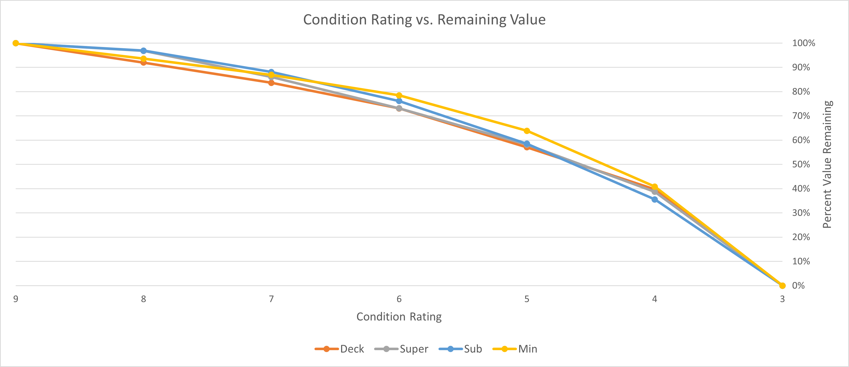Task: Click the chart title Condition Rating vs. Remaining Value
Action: pyautogui.click(x=424, y=20)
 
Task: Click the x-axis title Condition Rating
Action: pyautogui.click(x=399, y=316)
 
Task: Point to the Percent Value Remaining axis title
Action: pyautogui.click(x=827, y=164)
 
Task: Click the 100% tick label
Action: pyautogui.click(x=803, y=43)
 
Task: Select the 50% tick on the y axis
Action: pyautogui.click(x=801, y=164)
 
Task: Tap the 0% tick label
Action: pyautogui.click(x=798, y=286)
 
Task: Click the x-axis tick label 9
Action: pyautogui.click(x=16, y=299)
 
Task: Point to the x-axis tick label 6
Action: pyautogui.click(x=399, y=299)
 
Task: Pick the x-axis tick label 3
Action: pyautogui.click(x=782, y=299)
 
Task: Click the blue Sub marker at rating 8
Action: pyautogui.click(x=143, y=51)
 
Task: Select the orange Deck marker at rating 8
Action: pyautogui.click(x=143, y=62)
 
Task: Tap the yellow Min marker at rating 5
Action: pyautogui.click(x=527, y=131)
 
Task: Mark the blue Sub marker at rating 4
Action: pyautogui.click(x=655, y=199)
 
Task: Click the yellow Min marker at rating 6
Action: pyautogui.click(x=399, y=96)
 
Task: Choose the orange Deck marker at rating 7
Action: pyautogui.click(x=271, y=83)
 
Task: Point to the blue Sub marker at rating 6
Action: pyautogui.click(x=399, y=101)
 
